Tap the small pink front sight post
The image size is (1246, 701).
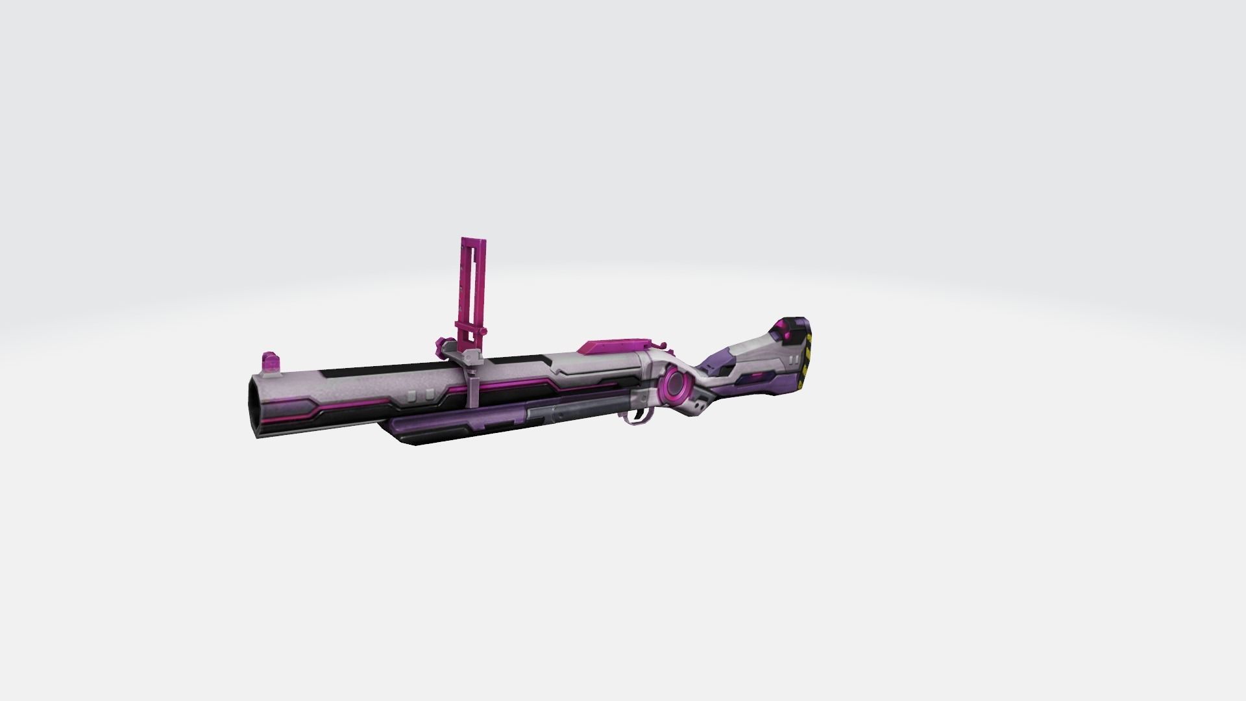(268, 362)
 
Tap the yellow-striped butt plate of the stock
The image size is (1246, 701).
(807, 356)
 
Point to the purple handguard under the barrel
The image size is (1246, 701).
(454, 428)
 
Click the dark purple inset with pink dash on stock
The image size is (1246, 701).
(753, 378)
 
